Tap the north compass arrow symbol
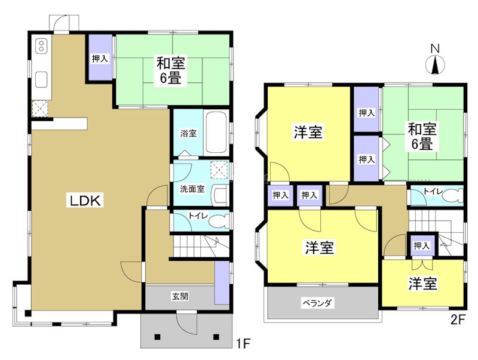click(x=436, y=63)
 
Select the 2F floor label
click(x=458, y=319)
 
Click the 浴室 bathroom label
click(x=188, y=133)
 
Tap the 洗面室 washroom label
click(x=192, y=189)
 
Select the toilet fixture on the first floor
click(x=222, y=221)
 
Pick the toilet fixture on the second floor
click(x=454, y=195)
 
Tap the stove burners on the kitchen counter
click(x=41, y=46)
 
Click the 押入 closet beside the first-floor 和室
click(x=100, y=59)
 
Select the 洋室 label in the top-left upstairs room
click(x=308, y=133)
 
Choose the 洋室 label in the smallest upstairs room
click(x=422, y=284)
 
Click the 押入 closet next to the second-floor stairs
click(x=421, y=245)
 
